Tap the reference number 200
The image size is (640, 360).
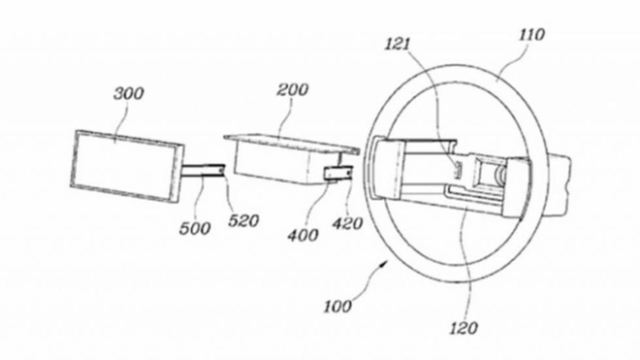(x=292, y=90)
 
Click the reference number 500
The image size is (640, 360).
(x=195, y=227)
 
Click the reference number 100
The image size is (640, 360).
(x=337, y=305)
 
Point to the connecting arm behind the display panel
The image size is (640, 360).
(x=202, y=171)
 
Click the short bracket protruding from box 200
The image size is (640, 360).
(x=339, y=172)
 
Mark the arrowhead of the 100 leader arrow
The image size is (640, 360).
(x=388, y=259)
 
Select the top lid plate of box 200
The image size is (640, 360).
(x=291, y=140)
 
